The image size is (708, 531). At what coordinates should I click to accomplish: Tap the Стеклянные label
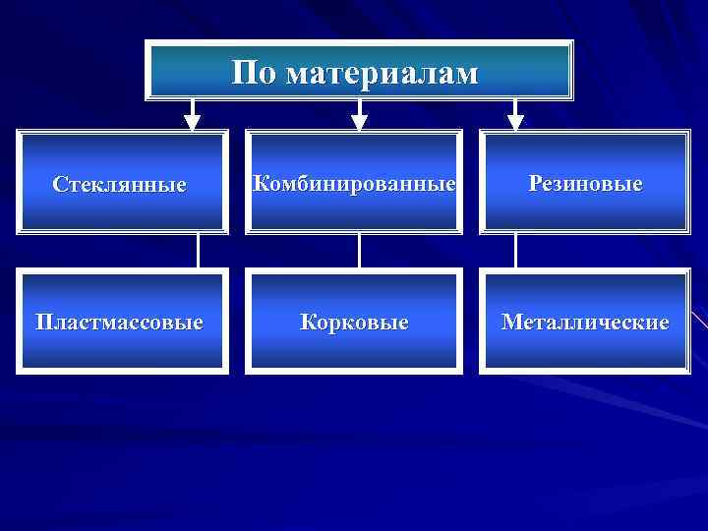click(119, 185)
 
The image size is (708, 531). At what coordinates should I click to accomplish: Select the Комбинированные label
click(354, 184)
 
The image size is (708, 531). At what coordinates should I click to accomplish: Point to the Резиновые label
click(585, 184)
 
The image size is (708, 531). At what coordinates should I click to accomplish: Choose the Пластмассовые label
click(119, 323)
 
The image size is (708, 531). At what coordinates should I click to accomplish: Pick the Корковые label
click(354, 323)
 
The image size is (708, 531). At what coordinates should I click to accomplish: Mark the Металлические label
click(585, 323)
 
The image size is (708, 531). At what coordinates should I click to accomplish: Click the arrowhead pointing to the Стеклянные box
click(193, 122)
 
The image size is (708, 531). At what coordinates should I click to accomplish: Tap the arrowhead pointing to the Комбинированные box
click(360, 122)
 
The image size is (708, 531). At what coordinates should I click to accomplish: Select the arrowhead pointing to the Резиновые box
click(515, 122)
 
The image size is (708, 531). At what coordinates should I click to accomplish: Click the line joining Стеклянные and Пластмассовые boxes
click(199, 251)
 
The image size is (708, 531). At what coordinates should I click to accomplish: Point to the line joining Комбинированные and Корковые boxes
click(359, 251)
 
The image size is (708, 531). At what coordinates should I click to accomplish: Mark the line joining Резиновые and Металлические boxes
click(515, 251)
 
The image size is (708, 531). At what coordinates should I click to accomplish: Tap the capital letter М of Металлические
click(511, 323)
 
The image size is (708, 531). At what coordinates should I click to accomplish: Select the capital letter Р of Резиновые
click(535, 184)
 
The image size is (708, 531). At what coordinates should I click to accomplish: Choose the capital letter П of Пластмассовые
click(44, 323)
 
